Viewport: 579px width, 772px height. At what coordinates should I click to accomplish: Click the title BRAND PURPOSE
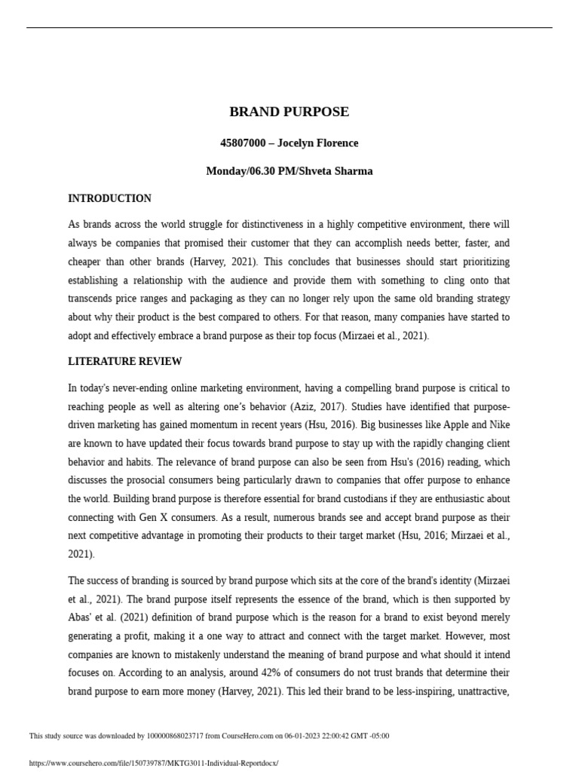click(x=289, y=112)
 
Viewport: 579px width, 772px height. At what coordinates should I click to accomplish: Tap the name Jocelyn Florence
click(x=318, y=143)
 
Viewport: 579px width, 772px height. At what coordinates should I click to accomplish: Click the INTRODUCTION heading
click(x=109, y=199)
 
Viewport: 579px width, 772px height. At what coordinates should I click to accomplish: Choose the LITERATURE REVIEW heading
click(x=124, y=362)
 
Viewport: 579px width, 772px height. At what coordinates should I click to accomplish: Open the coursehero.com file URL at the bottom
click(x=153, y=763)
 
